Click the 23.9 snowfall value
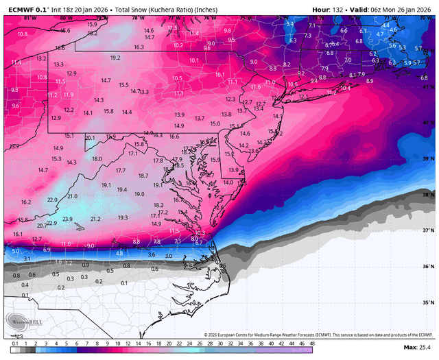click(67, 219)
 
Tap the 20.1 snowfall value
click(90, 138)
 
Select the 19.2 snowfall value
click(115, 58)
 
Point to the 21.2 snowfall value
click(95, 219)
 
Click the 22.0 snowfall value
click(52, 200)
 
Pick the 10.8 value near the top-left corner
click(23, 34)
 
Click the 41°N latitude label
click(428, 87)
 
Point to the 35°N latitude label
click(428, 302)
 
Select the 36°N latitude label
click(428, 266)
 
